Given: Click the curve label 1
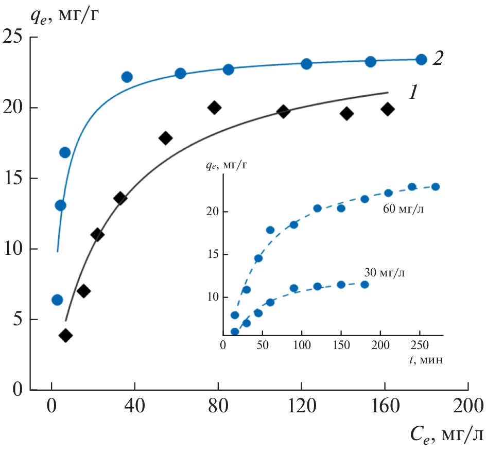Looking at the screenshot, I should (414, 92).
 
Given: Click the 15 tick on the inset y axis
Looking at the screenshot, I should (214, 255).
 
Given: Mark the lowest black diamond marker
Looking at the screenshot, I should (65, 336).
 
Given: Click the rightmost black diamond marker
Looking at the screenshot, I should (388, 109).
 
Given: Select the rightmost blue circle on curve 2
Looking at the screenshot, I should (421, 59).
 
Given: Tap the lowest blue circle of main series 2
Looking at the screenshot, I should (57, 300).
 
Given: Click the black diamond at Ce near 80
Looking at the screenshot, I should (214, 108).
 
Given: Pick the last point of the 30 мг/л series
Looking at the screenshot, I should (364, 284).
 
